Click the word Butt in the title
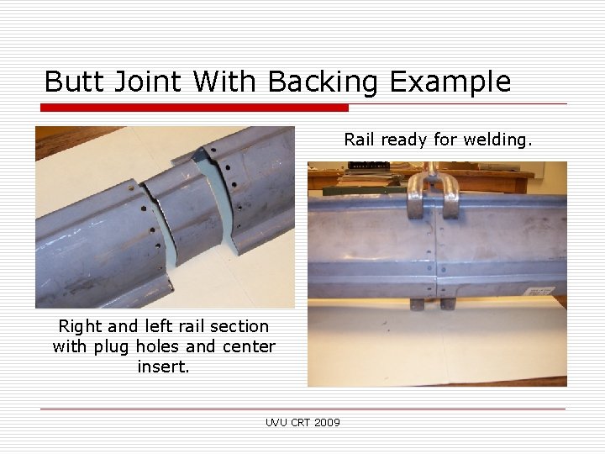pos(74,81)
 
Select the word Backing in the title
pos(323,82)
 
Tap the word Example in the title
pos(450,82)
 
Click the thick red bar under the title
pos(194,108)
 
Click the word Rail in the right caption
pos(359,140)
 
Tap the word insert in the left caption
pos(163,367)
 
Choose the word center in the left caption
pos(249,346)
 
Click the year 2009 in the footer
pos(327,423)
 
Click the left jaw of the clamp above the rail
pos(417,197)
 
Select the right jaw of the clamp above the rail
pos(450,198)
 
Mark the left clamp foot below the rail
pos(417,304)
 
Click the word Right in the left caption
pos(80,327)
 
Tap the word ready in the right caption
pos(403,140)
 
